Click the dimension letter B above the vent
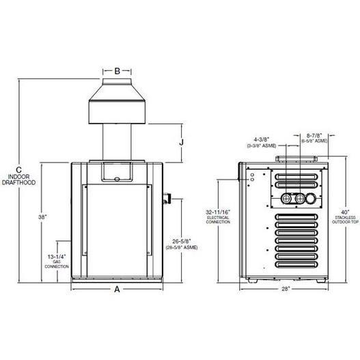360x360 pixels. coord(117,70)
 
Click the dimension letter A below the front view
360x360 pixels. coord(117,290)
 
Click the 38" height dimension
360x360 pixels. coord(42,217)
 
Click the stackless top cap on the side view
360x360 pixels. coord(296,159)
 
